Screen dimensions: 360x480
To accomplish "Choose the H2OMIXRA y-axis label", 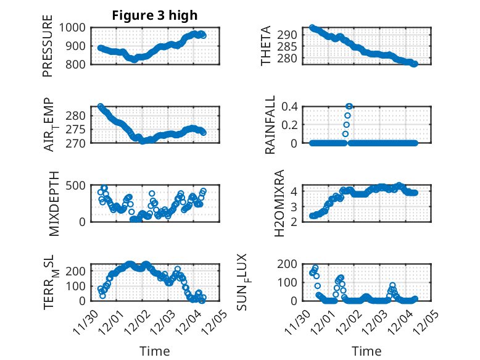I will tap(279, 203).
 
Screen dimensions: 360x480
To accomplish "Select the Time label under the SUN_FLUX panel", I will tap(366, 351).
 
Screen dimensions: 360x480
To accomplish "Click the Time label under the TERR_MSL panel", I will tap(154, 351).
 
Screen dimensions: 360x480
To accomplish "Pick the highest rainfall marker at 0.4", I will tap(349, 106).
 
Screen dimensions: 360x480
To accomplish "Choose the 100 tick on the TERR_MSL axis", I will tap(78, 286).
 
